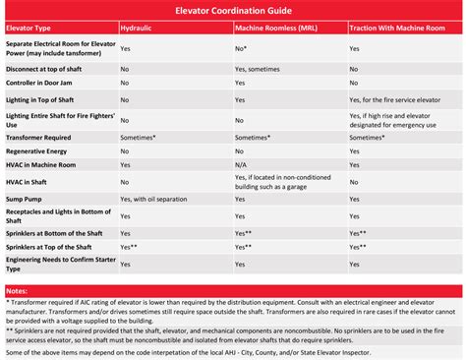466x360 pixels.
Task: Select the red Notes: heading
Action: (x=17, y=292)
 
